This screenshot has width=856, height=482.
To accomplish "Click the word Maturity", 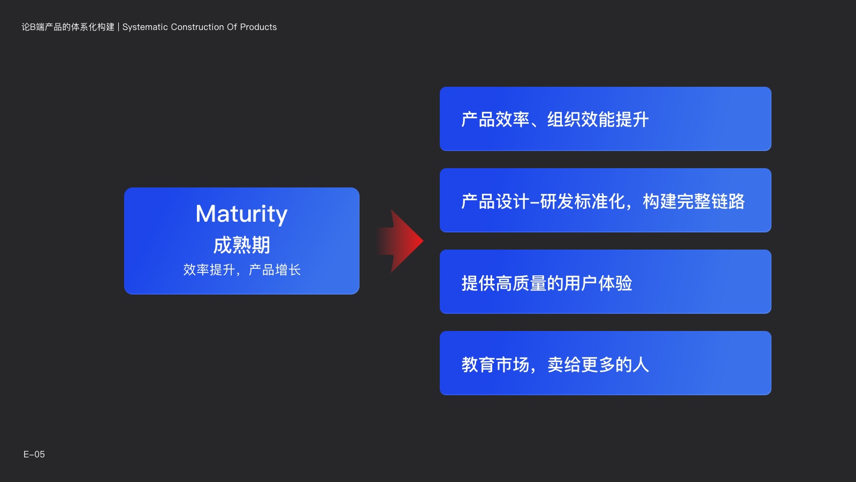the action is [x=241, y=214].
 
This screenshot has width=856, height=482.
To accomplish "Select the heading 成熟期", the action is [x=241, y=245].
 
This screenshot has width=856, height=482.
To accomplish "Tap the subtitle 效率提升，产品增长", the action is [x=242, y=270].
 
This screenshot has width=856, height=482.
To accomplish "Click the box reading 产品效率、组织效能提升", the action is [x=605, y=119].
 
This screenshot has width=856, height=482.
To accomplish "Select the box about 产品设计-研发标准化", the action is [x=605, y=200].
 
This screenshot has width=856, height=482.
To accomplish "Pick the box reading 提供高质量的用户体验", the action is [x=605, y=282].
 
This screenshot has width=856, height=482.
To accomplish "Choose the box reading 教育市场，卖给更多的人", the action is [x=605, y=363].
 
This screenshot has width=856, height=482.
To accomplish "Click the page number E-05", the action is [x=34, y=454].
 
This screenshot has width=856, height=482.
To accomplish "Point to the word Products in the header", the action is [x=258, y=27].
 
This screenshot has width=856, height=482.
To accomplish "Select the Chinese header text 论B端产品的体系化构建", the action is [x=68, y=27].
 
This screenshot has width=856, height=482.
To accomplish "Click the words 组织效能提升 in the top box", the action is [x=598, y=119].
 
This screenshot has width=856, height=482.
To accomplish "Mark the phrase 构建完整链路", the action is [x=693, y=201].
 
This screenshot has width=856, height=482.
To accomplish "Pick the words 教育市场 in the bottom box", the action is [x=495, y=365].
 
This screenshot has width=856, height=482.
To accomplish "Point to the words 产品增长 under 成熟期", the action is [x=275, y=270].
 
